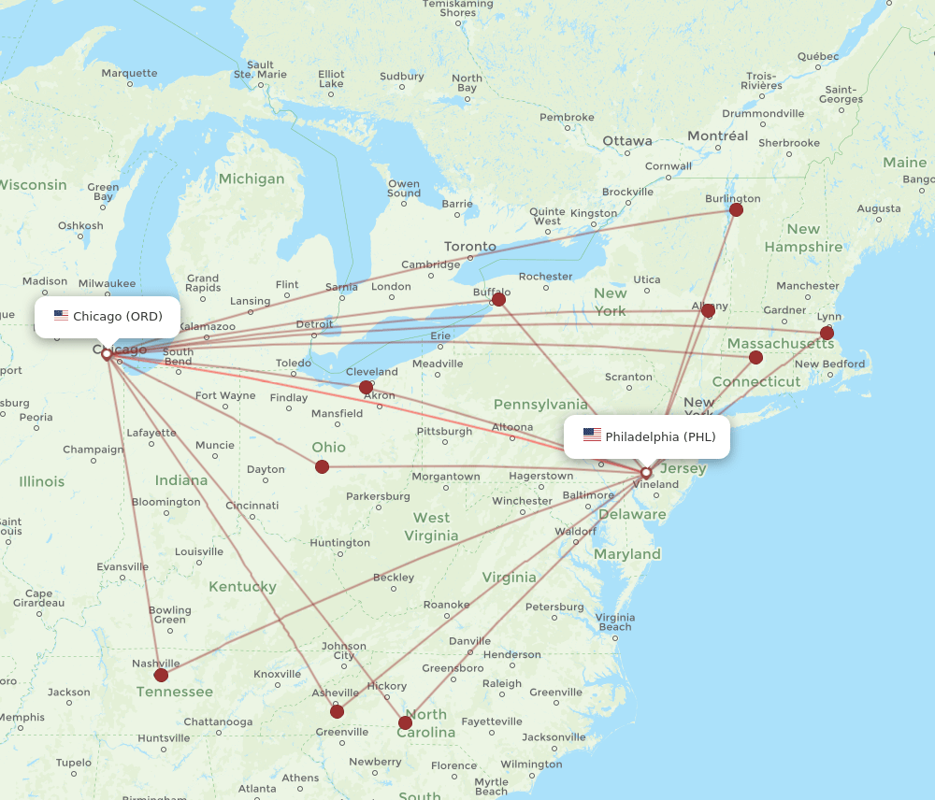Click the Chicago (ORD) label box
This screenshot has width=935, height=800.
pyautogui.click(x=108, y=317)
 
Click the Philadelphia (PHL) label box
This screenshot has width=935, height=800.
pyautogui.click(x=647, y=436)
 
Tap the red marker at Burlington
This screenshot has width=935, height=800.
pyautogui.click(x=736, y=209)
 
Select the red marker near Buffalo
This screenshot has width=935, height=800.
pyautogui.click(x=498, y=299)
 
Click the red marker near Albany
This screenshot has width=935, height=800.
pyautogui.click(x=708, y=310)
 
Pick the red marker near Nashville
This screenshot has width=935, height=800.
pyautogui.click(x=161, y=675)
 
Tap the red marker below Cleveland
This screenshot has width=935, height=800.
pyautogui.click(x=366, y=387)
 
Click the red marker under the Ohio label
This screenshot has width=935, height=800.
pyautogui.click(x=322, y=466)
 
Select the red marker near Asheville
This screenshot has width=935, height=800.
pyautogui.click(x=337, y=711)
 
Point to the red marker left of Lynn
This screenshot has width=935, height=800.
pyautogui.click(x=827, y=333)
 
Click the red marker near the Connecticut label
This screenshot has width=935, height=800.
pyautogui.click(x=755, y=357)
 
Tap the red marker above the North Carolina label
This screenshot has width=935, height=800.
pyautogui.click(x=405, y=722)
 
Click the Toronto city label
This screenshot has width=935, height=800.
pyautogui.click(x=470, y=247)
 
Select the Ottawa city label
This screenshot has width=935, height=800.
pyautogui.click(x=626, y=141)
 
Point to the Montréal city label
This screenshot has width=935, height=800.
pyautogui.click(x=717, y=136)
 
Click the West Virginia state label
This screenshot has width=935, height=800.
pyautogui.click(x=431, y=527)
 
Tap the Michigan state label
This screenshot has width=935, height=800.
pyautogui.click(x=251, y=179)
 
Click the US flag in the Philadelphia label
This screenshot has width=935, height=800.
pyautogui.click(x=592, y=436)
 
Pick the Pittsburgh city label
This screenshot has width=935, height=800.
pyautogui.click(x=444, y=432)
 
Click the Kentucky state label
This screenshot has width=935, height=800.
pyautogui.click(x=242, y=587)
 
